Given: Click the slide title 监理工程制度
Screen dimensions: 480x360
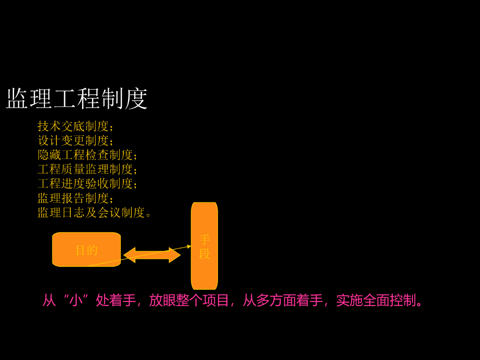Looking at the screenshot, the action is coord(77,99).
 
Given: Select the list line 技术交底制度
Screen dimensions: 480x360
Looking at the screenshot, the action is coord(73,126).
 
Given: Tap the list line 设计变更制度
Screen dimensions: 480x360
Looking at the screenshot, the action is coord(73,141).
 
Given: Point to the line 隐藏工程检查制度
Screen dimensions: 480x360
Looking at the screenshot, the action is coord(85,155).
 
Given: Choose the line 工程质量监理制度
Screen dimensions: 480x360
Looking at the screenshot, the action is coord(85,169).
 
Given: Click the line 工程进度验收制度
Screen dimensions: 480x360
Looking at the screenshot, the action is coord(85,184).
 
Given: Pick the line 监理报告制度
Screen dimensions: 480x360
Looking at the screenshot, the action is coord(73,198).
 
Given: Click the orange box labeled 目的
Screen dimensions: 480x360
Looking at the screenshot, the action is coord(86,249).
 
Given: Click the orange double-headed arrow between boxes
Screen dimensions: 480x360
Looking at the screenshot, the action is coord(152,255).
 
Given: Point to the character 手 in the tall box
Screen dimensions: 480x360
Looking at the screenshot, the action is coord(204,240).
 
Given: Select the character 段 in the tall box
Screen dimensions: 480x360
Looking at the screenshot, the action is coord(204,254).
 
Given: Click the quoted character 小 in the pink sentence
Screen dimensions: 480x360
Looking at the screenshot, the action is coord(76,300).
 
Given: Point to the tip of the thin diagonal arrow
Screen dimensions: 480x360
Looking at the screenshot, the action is coord(190,246).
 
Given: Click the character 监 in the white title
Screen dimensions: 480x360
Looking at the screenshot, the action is coord(17,99).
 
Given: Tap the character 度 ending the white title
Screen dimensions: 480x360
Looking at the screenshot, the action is coord(136,99).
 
